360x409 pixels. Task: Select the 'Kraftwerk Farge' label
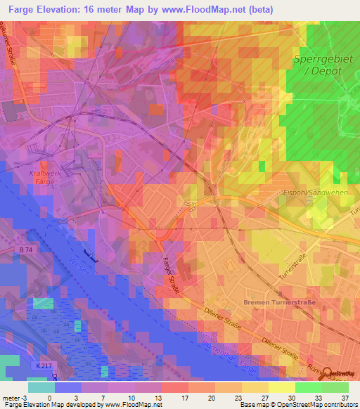tap(42, 176)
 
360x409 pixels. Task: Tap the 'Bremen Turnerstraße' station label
tap(279, 301)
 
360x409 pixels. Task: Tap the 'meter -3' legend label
tap(13, 397)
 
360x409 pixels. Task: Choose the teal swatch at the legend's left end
tap(41, 387)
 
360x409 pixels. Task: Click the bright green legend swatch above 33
tap(308, 387)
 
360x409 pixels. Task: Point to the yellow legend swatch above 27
tap(255, 387)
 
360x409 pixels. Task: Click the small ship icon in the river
tap(89, 254)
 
